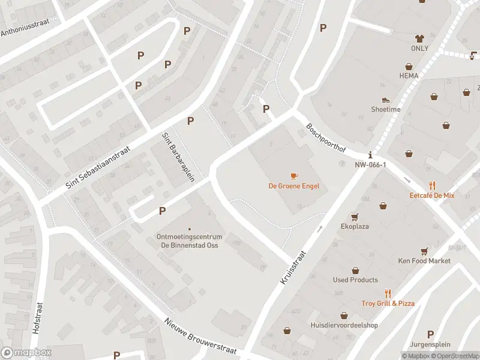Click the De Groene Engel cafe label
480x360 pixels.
click(293, 186)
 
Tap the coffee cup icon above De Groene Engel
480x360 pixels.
click(293, 176)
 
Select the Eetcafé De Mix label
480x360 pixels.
click(432, 196)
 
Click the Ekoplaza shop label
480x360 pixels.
click(355, 227)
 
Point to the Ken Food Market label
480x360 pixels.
click(424, 260)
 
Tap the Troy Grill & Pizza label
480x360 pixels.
click(388, 304)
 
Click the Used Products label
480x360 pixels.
click(355, 280)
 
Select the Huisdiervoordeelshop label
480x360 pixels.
click(344, 325)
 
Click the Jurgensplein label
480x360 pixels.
click(430, 344)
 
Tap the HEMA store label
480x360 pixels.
click(409, 76)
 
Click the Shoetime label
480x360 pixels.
click(385, 109)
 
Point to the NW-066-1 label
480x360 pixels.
click(370, 164)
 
